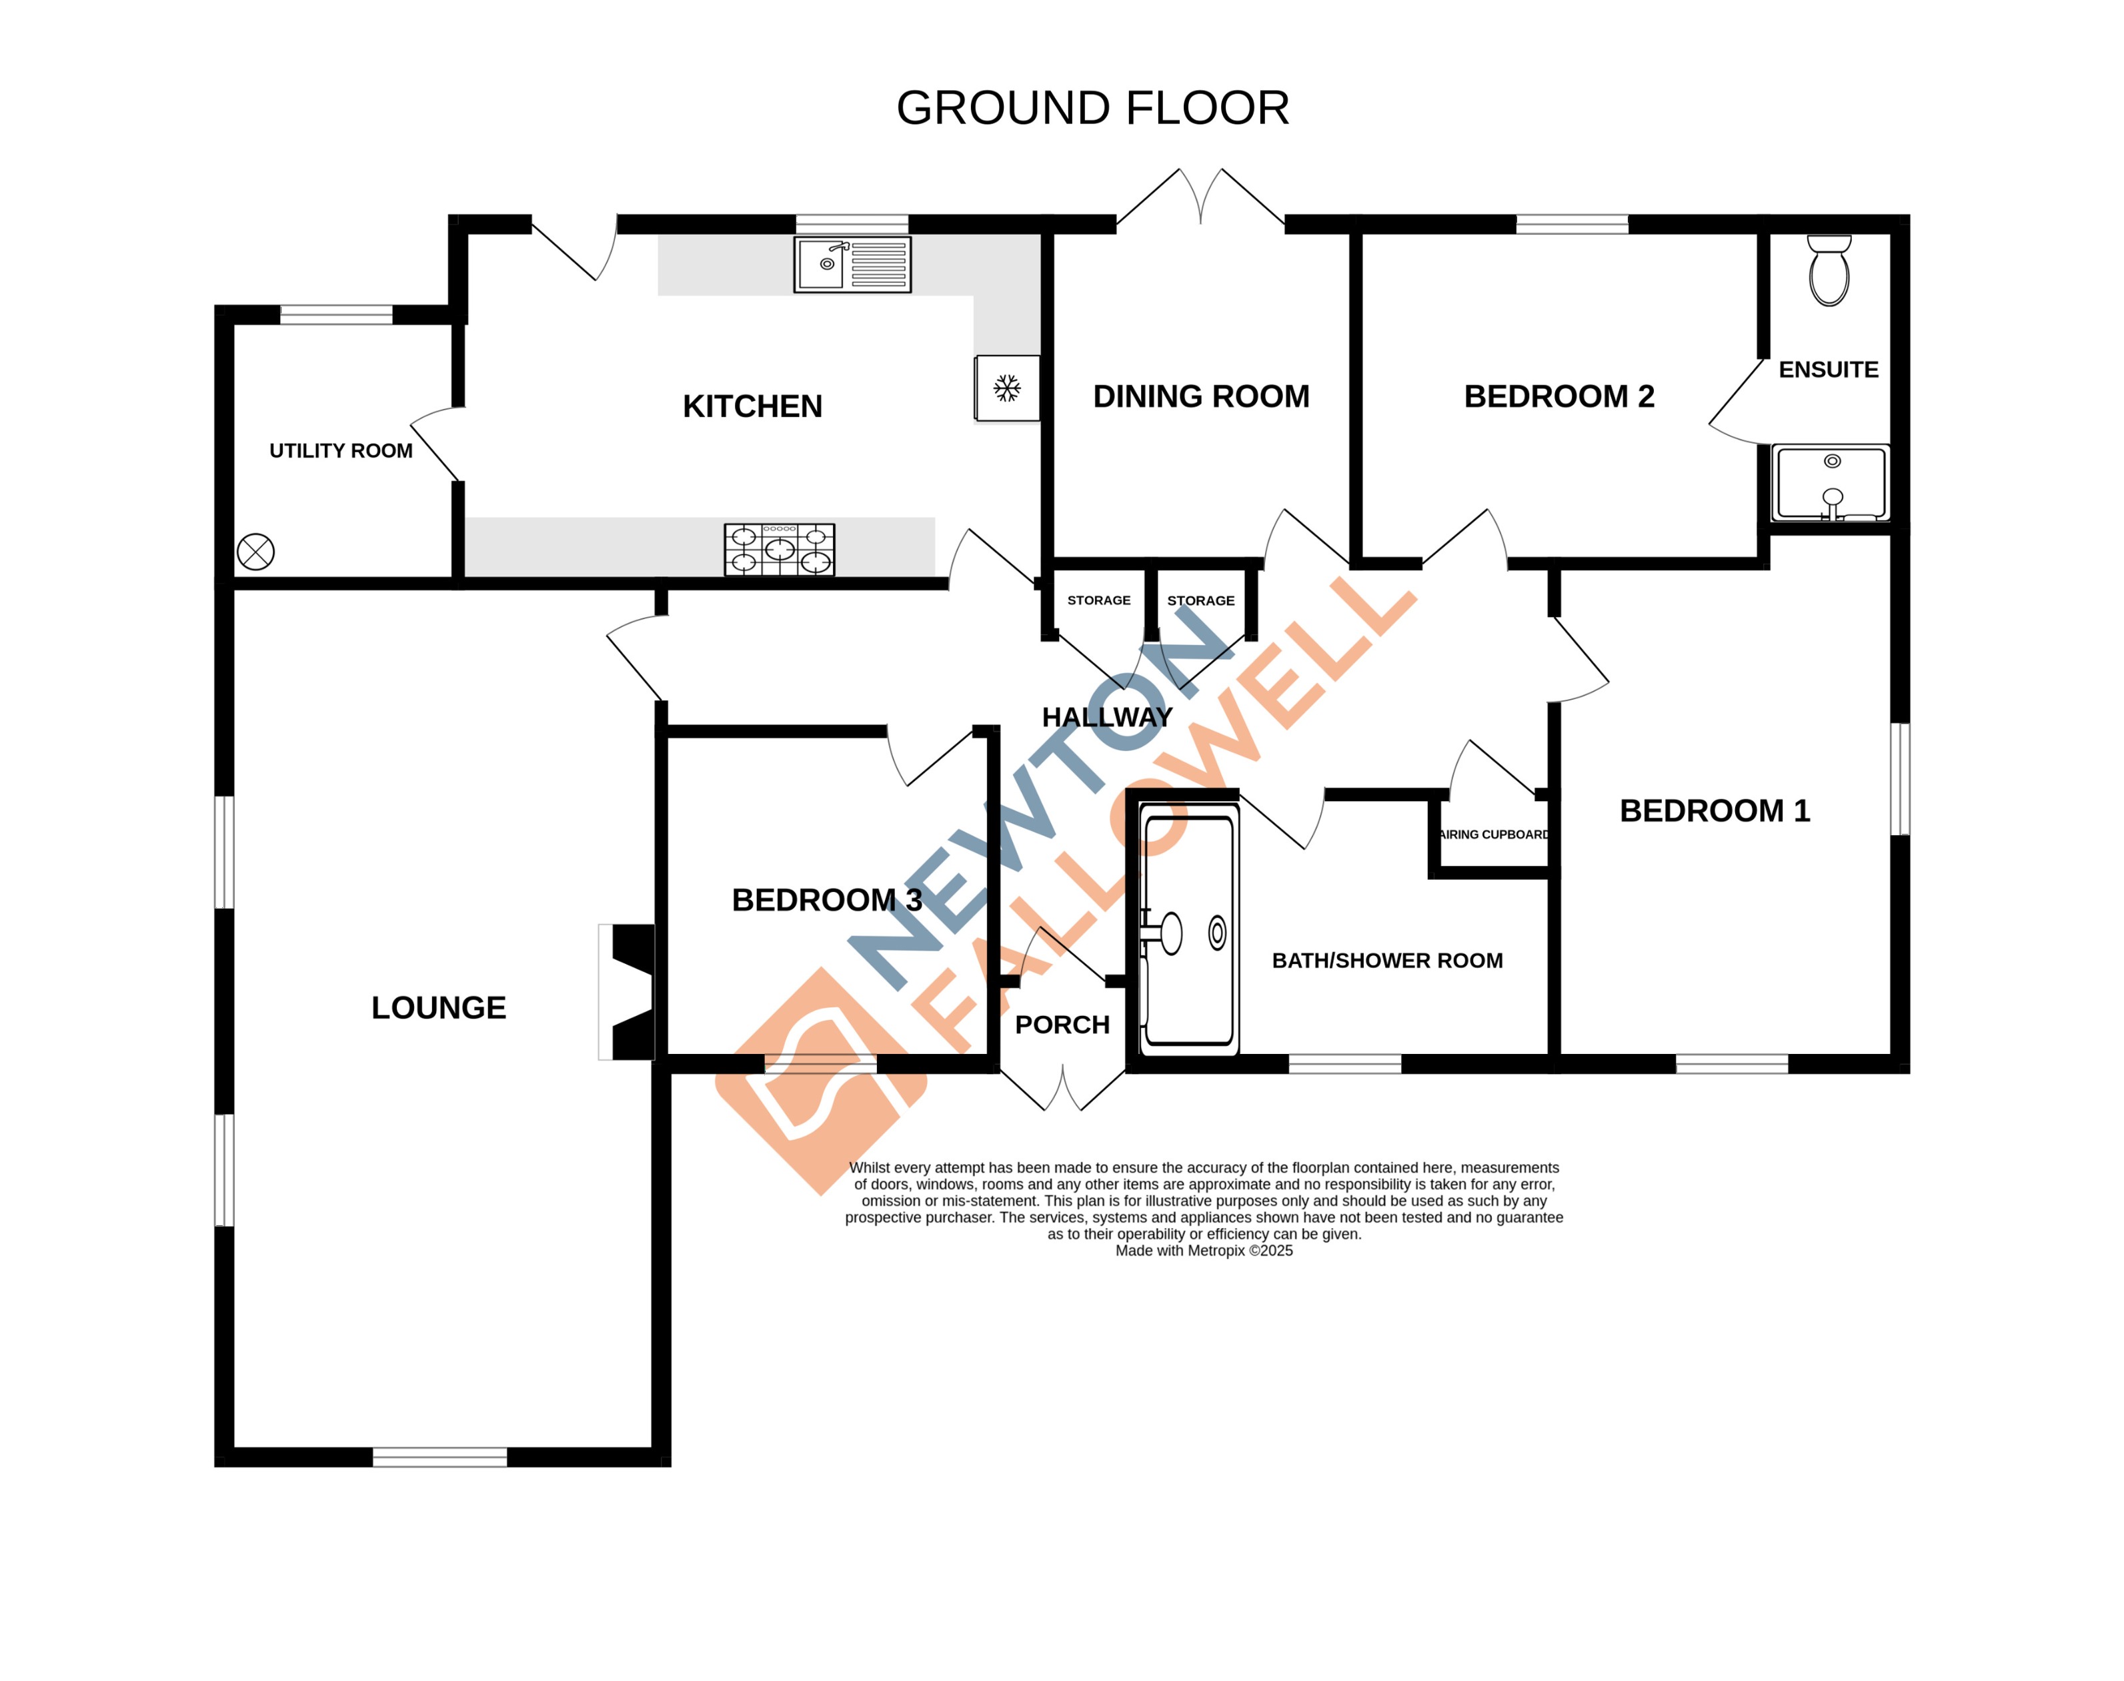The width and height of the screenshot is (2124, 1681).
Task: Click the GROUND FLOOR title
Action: pyautogui.click(x=1092, y=108)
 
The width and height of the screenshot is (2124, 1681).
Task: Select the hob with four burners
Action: pyautogui.click(x=779, y=549)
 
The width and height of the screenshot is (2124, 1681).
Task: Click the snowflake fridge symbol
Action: pyautogui.click(x=1006, y=388)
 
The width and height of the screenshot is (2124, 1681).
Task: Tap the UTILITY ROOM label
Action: pyautogui.click(x=340, y=451)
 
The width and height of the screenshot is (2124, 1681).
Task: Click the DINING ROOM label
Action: pyautogui.click(x=1200, y=397)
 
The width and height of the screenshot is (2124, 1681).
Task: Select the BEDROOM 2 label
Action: pyautogui.click(x=1558, y=397)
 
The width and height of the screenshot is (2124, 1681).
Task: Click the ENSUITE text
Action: pyautogui.click(x=1828, y=370)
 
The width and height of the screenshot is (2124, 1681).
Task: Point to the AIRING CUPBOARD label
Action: pyautogui.click(x=1493, y=834)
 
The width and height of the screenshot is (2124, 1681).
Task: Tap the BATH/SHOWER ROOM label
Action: pyautogui.click(x=1386, y=961)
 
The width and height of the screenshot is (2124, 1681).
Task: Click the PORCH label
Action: pyautogui.click(x=1062, y=1025)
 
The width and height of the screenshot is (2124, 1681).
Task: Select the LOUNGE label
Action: pyautogui.click(x=439, y=1008)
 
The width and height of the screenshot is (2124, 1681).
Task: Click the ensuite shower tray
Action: pyautogui.click(x=1830, y=483)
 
